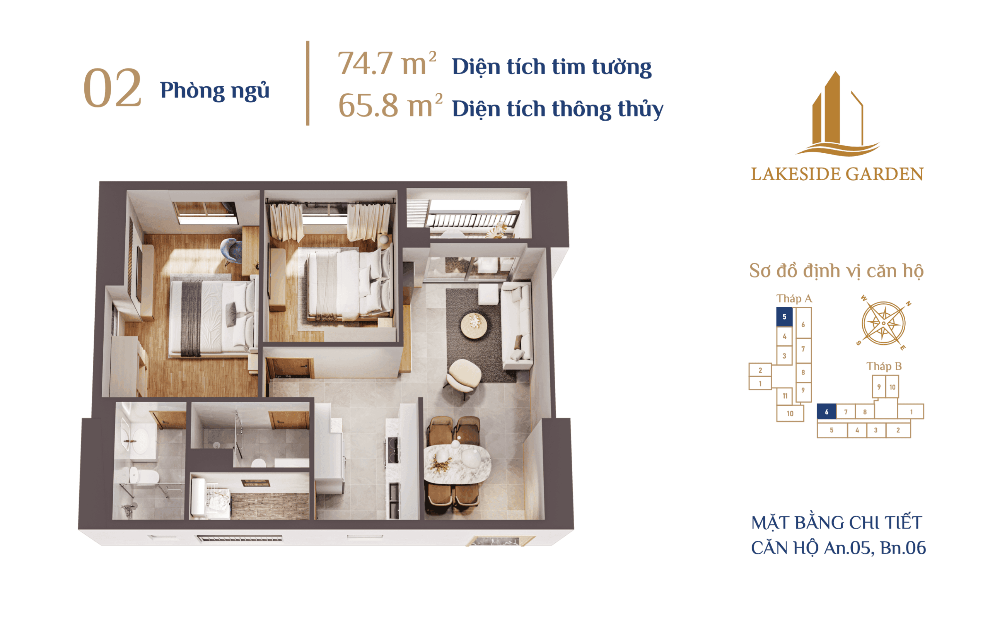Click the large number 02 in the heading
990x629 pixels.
click(x=112, y=88)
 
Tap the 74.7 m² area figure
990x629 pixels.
click(x=387, y=63)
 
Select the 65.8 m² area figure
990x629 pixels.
click(x=390, y=105)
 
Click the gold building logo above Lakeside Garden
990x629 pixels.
click(x=837, y=114)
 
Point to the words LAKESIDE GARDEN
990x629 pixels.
click(x=837, y=174)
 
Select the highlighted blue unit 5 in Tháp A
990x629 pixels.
click(x=784, y=317)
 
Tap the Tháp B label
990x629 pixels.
click(x=884, y=366)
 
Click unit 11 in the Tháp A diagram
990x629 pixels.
click(x=785, y=396)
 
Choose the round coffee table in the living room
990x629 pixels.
click(x=474, y=326)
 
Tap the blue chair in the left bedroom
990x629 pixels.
click(x=232, y=251)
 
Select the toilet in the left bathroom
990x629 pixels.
click(x=143, y=476)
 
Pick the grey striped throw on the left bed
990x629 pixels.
click(x=191, y=318)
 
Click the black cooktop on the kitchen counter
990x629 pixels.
click(x=393, y=449)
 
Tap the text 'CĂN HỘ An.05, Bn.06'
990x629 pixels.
click(x=838, y=548)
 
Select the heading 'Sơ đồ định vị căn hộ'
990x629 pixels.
click(x=836, y=271)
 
